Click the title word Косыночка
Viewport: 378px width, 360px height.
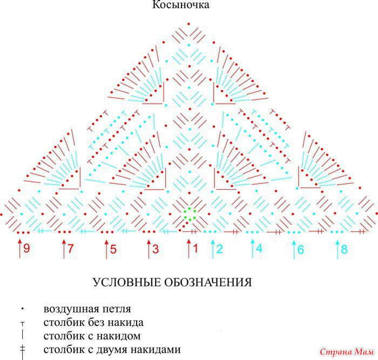click(180, 5)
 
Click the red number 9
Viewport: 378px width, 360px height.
click(26, 248)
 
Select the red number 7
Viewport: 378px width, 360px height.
click(70, 248)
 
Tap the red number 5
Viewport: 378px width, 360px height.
click(113, 249)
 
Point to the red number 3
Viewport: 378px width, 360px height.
click(156, 249)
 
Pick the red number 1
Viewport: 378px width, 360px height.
click(195, 248)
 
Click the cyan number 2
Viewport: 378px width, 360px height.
click(220, 249)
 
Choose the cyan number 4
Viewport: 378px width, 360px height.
click(259, 249)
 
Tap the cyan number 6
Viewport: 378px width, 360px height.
click(301, 249)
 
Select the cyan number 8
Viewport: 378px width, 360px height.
click(345, 249)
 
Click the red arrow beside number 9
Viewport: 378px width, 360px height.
click(20, 249)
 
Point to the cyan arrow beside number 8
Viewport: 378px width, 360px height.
click(337, 250)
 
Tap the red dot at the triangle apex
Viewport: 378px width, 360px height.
click(189, 24)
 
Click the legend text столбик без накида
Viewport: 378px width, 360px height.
click(93, 322)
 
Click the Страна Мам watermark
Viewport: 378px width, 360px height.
click(347, 352)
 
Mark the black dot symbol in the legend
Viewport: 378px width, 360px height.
click(23, 309)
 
